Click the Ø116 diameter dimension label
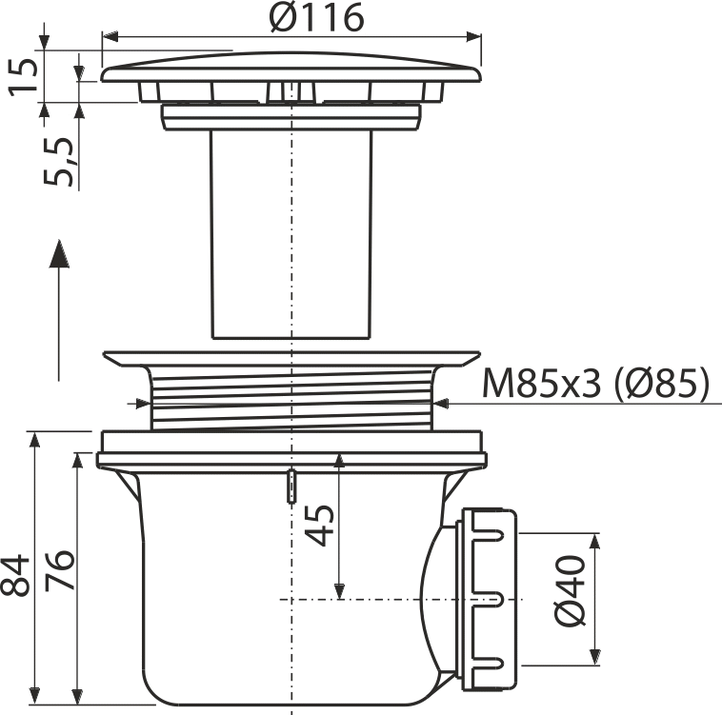click(317, 17)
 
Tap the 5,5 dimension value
click(58, 161)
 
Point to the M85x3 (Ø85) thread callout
click(595, 384)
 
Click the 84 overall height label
click(15, 575)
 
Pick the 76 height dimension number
click(59, 570)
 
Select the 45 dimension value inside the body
click(319, 526)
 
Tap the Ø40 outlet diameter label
click(570, 591)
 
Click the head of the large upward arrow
click(59, 253)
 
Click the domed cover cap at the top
click(291, 68)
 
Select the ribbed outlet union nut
click(489, 600)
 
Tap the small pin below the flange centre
click(291, 486)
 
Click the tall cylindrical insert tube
click(291, 234)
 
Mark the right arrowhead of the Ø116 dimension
click(473, 37)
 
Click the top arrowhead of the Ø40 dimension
click(595, 543)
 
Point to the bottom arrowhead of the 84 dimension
click(34, 695)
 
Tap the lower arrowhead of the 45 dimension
click(339, 591)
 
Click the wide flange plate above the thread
click(291, 358)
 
